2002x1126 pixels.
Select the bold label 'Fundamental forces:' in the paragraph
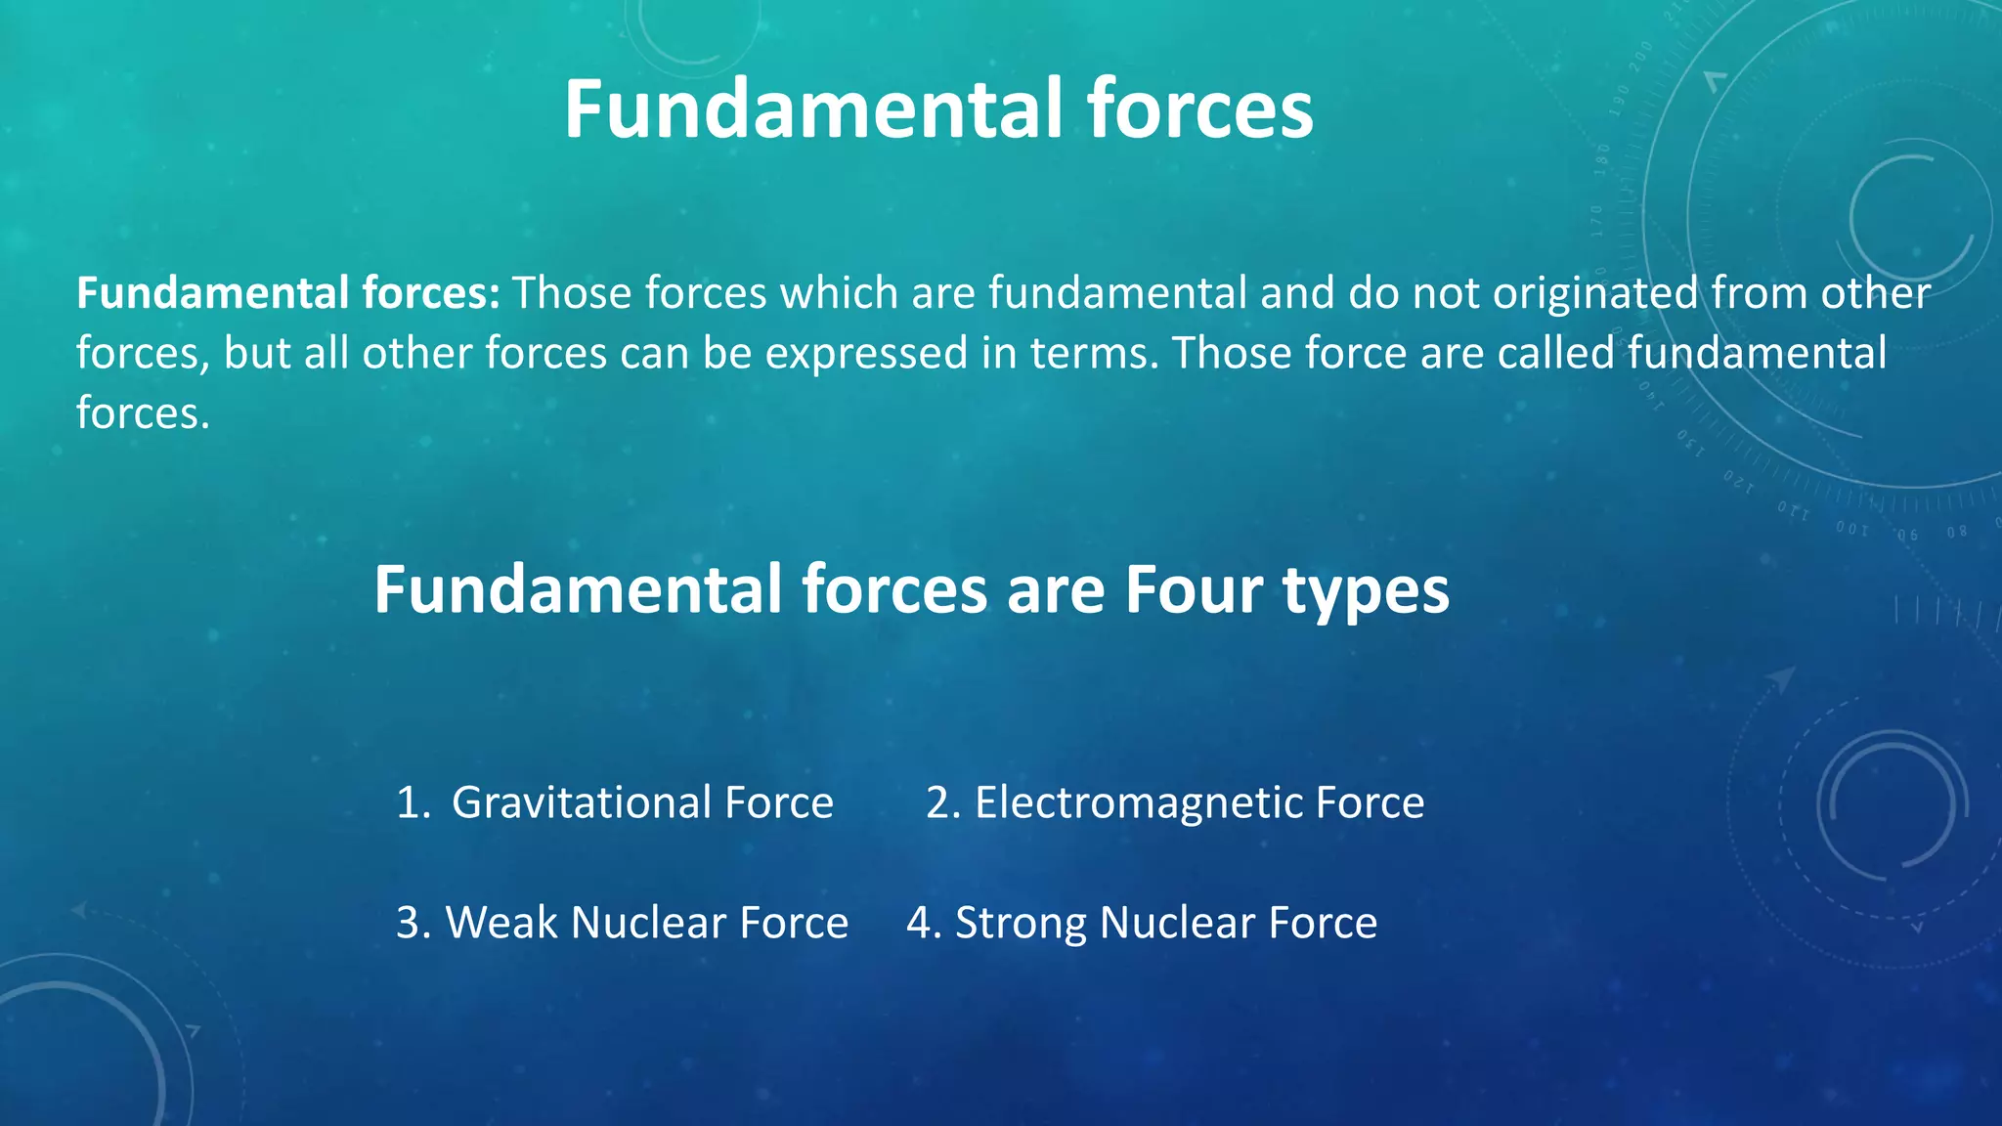(x=288, y=293)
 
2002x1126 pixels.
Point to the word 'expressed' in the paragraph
(x=866, y=353)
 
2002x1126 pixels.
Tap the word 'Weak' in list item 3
(x=500, y=923)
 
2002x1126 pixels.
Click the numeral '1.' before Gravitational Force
(x=413, y=802)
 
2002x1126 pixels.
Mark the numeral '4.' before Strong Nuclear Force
(x=924, y=923)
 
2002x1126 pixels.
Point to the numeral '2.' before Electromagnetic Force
(x=943, y=802)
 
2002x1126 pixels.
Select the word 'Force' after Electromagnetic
(x=1370, y=802)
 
